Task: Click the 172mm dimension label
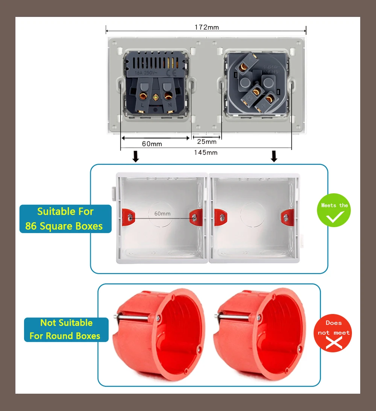click(206, 27)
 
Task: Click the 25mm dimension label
click(207, 141)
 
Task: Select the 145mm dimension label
click(206, 152)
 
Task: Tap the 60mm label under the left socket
click(152, 144)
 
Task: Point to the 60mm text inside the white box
click(162, 213)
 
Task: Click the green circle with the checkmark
click(334, 210)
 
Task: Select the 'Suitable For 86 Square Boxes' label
click(65, 219)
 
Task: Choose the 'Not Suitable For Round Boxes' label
click(66, 329)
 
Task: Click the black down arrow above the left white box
click(136, 156)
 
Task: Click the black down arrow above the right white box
click(274, 156)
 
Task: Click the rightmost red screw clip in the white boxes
click(287, 217)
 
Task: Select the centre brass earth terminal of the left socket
click(155, 98)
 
